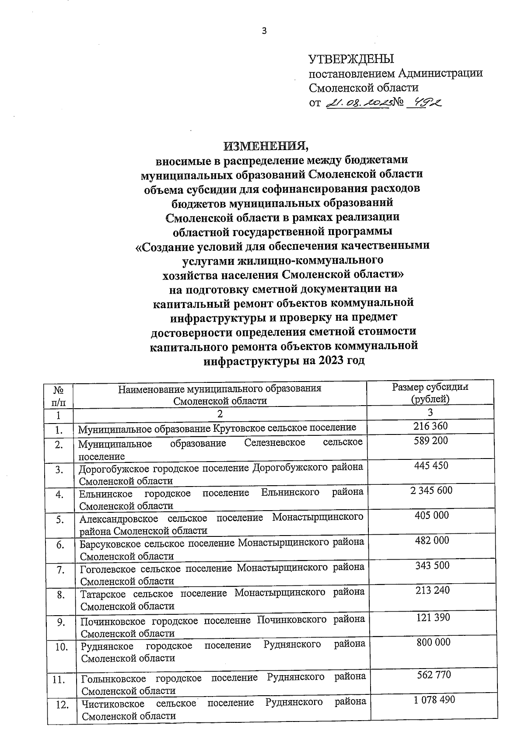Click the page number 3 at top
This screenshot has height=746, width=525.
click(x=263, y=31)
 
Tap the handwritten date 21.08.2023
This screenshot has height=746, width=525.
click(x=357, y=103)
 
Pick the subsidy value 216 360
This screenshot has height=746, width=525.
click(x=430, y=426)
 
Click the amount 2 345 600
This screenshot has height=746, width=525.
click(x=431, y=490)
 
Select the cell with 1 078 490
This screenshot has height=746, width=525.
click(x=434, y=700)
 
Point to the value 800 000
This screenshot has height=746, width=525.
click(x=433, y=642)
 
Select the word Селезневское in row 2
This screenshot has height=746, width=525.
click(x=275, y=443)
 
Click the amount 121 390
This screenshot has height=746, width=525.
click(x=433, y=617)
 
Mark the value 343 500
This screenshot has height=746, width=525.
click(x=432, y=565)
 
